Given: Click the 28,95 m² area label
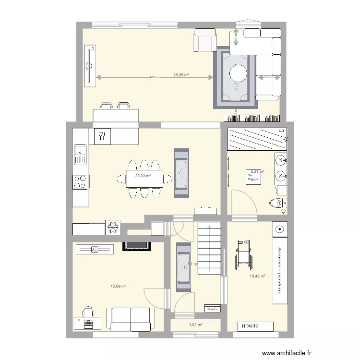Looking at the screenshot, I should click(181, 75).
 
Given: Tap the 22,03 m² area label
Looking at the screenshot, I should click(143, 176).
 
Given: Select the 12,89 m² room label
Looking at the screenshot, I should click(118, 286).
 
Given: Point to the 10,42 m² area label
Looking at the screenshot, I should click(257, 276).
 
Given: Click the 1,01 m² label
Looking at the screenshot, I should click(195, 325).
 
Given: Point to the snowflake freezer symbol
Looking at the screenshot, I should click(113, 227).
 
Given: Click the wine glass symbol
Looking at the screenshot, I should click(101, 136).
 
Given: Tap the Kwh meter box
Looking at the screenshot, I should click(212, 309).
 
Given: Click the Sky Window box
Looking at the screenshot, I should click(253, 177).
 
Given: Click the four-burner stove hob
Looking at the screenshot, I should click(80, 181).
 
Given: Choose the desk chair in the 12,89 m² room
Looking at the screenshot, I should click(88, 312).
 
